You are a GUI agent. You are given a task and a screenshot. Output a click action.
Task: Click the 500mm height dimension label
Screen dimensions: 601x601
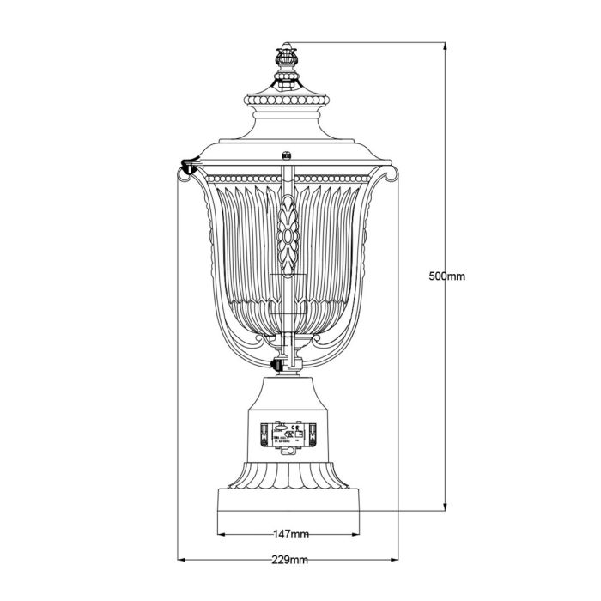point(446,276)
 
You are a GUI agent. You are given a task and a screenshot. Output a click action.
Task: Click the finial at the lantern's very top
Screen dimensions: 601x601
point(285,62)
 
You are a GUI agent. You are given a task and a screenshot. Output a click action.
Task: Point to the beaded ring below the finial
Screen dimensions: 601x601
point(285,100)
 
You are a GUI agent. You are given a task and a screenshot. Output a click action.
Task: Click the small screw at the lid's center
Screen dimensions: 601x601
point(285,156)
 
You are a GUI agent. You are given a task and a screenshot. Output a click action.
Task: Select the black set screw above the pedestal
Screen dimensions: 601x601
point(276,367)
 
